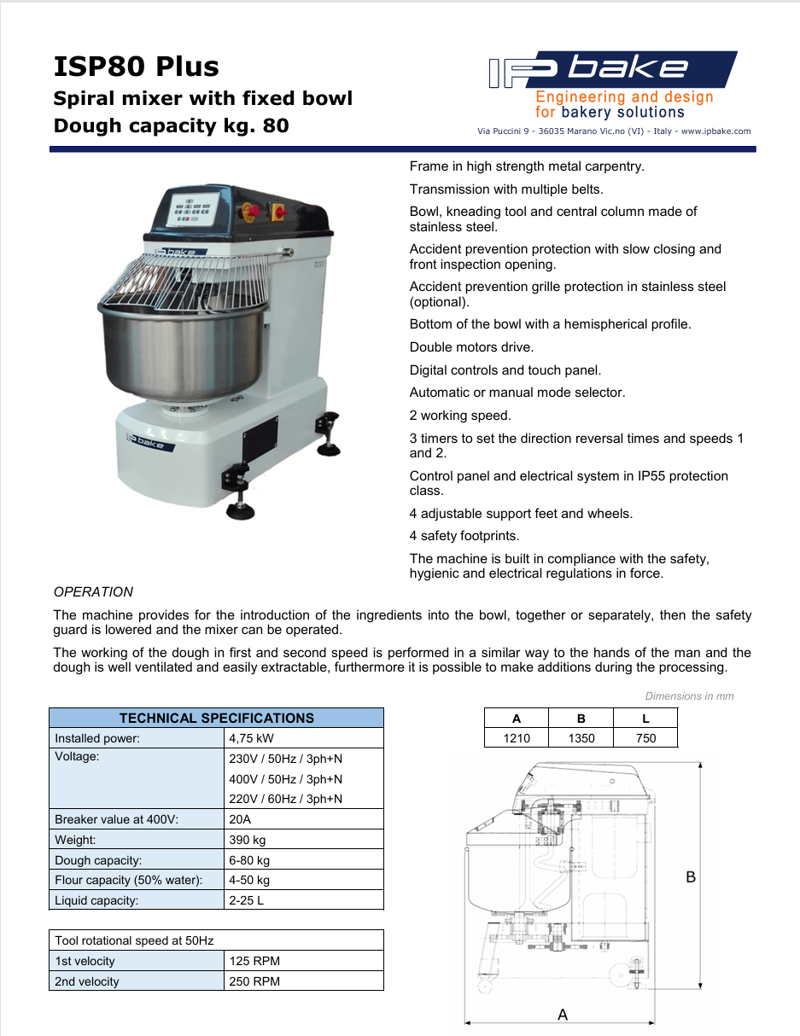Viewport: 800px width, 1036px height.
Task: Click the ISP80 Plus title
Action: (x=137, y=67)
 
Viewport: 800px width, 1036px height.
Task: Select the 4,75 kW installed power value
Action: (x=252, y=738)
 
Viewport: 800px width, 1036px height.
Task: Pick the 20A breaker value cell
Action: (x=241, y=819)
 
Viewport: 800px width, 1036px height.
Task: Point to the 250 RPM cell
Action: (x=254, y=981)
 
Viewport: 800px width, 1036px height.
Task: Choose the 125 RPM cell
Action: (x=254, y=961)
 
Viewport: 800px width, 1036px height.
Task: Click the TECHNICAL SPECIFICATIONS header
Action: (x=216, y=718)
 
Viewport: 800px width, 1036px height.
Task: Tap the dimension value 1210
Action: (x=517, y=738)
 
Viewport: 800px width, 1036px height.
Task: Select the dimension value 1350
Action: (x=581, y=738)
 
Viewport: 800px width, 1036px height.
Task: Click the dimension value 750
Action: (x=645, y=738)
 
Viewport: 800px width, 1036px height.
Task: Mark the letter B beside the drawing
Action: (x=692, y=877)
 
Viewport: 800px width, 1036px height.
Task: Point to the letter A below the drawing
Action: (x=563, y=1015)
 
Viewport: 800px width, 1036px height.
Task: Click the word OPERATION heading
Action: (x=94, y=591)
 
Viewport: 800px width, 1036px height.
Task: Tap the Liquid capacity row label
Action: (x=96, y=900)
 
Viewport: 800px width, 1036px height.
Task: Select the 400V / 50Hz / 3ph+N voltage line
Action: (x=286, y=779)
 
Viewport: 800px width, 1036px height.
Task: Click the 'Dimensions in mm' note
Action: (x=689, y=696)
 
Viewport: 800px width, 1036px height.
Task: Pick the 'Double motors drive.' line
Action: (x=471, y=347)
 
